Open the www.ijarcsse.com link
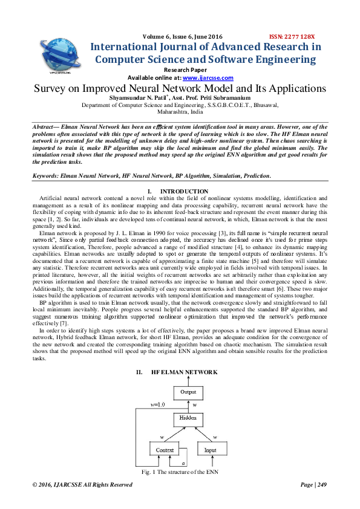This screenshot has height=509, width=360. pos(208,78)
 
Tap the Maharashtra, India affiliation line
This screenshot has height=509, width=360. pos(180,112)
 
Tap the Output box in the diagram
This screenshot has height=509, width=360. pos(188,392)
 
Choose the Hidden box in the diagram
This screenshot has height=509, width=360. pos(188,418)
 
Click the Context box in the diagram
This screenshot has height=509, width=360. pos(165,450)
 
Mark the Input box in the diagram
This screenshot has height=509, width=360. pos(211,450)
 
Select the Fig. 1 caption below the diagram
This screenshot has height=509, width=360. pos(180,471)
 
